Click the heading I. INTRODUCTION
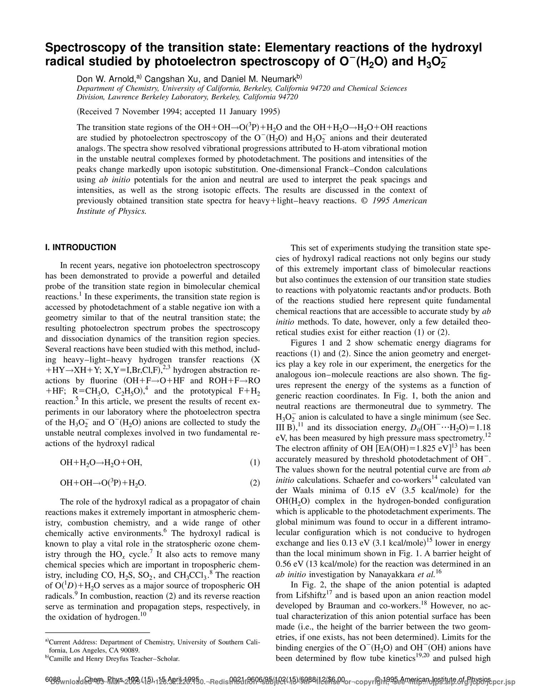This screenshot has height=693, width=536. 80,247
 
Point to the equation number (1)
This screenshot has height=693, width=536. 255,463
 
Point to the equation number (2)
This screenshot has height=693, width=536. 255,483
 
